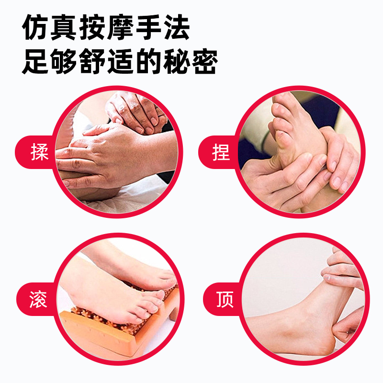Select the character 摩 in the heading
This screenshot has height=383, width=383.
106,29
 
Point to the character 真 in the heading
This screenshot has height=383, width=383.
71,29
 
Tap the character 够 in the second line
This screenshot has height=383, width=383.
70,61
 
